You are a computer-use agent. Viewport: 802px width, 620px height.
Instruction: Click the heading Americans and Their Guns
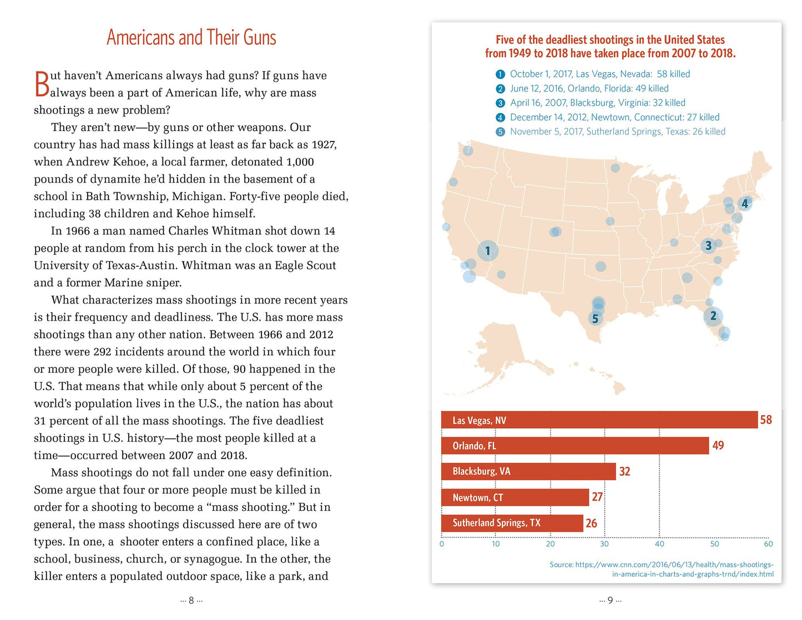(x=191, y=38)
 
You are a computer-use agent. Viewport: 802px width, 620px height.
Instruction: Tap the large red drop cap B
(x=42, y=84)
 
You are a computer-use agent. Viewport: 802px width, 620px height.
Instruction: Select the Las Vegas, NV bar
(x=599, y=420)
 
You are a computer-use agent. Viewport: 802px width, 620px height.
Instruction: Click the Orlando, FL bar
(x=575, y=446)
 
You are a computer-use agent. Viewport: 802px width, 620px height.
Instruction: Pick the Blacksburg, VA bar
(x=528, y=471)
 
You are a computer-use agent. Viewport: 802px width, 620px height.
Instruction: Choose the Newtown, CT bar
(x=515, y=497)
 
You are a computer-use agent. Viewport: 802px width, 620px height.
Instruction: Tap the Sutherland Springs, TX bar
(x=512, y=523)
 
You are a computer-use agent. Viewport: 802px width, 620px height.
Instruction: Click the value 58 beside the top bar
(x=766, y=420)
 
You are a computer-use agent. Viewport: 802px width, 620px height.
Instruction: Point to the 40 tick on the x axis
(x=659, y=544)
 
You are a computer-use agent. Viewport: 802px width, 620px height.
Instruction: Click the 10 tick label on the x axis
(x=496, y=544)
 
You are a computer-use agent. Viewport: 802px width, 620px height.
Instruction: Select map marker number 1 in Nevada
(x=488, y=251)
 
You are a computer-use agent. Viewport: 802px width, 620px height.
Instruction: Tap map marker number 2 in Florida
(x=713, y=316)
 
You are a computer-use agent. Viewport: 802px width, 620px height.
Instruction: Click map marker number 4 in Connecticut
(x=745, y=204)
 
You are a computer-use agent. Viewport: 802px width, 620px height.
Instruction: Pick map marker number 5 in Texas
(x=596, y=318)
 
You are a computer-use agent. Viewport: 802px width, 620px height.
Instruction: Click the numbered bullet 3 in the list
(x=500, y=103)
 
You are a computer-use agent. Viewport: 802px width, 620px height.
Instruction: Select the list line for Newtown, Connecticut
(x=614, y=117)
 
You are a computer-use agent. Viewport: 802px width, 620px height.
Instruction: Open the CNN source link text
(x=662, y=569)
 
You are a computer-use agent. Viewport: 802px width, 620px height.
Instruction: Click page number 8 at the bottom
(x=191, y=601)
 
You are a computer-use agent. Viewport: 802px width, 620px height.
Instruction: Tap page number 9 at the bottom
(x=610, y=601)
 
